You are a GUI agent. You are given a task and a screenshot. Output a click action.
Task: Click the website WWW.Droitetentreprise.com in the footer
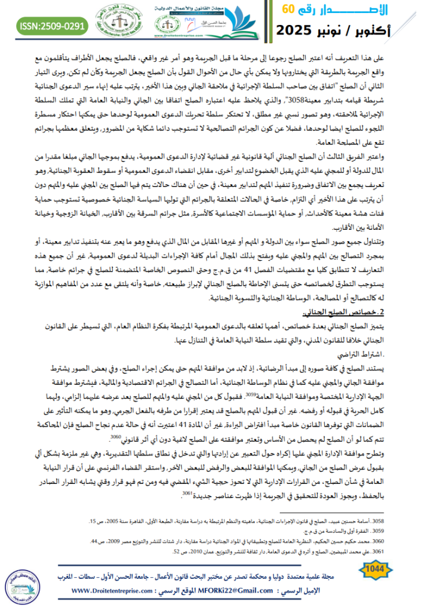[122, 591]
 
